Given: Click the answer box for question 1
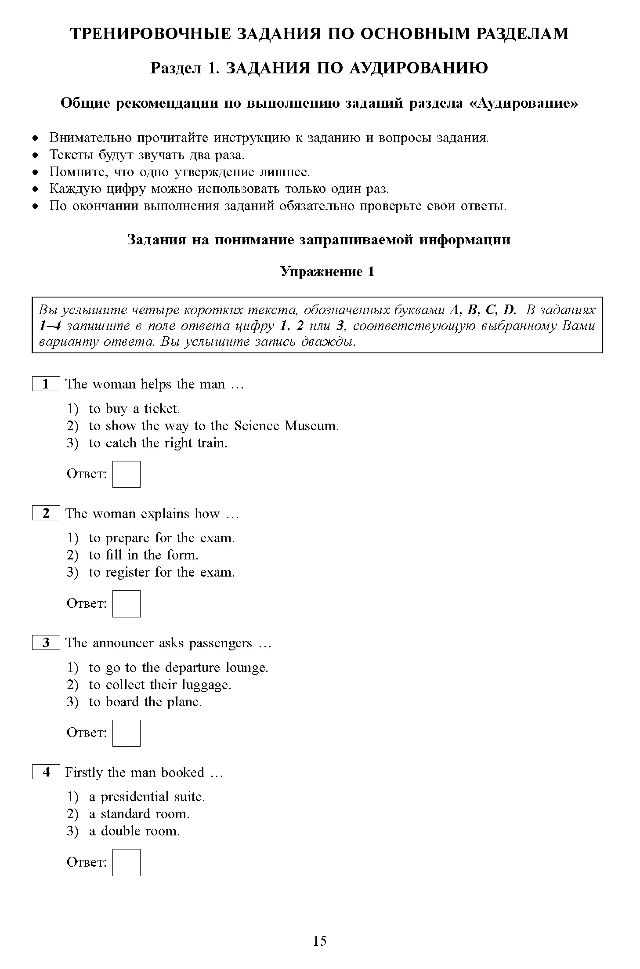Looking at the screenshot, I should [x=126, y=474].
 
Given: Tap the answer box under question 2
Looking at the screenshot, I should [x=126, y=603].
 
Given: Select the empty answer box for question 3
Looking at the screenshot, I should [x=126, y=733].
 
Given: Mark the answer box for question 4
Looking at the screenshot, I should [x=126, y=862].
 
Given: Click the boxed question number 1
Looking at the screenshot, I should [x=46, y=384].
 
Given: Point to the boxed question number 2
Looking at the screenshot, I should [x=46, y=513].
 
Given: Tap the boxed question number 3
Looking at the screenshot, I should [x=46, y=642].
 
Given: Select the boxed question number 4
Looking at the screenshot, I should [x=46, y=772].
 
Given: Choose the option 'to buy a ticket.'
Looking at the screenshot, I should [x=134, y=409].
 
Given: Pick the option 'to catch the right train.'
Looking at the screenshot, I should [x=158, y=443].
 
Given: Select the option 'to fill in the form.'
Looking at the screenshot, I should [x=143, y=555].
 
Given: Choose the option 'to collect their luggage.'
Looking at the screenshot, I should [x=159, y=685].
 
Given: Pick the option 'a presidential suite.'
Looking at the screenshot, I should [x=147, y=797].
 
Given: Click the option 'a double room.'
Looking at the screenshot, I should [x=134, y=831].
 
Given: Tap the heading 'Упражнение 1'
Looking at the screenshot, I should [x=327, y=272].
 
